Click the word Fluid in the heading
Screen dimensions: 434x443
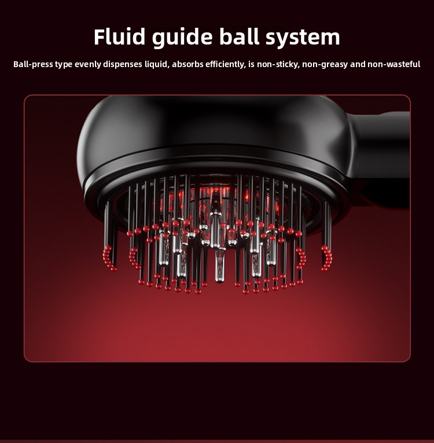119,37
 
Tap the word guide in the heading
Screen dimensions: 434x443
182,38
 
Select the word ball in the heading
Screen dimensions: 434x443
239,37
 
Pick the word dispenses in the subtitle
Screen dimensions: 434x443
123,64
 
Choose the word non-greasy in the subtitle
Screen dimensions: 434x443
325,65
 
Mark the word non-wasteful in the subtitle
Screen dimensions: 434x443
394,64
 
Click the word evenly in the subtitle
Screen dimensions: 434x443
87,64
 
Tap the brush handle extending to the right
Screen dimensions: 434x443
379,158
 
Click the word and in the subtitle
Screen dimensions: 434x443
358,64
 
